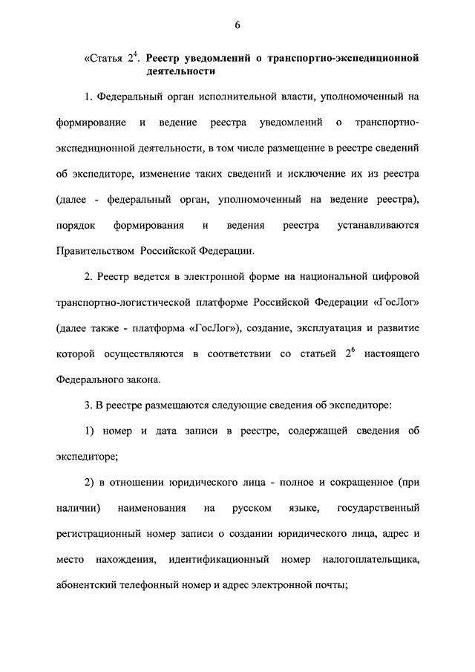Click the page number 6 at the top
coord(237,25)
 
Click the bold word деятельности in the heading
coord(181,72)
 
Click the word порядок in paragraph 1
coord(73,224)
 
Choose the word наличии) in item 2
coord(78,508)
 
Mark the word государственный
coord(379,508)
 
